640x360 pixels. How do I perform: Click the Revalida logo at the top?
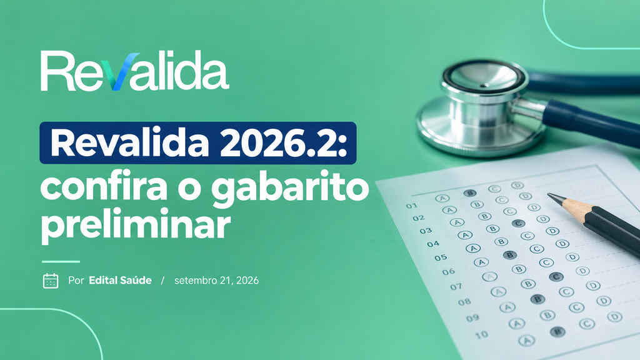(135, 71)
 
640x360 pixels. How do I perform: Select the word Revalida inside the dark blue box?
(130, 143)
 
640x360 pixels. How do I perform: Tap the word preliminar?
(136, 224)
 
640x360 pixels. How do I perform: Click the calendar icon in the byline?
(51, 281)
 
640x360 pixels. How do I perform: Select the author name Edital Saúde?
(120, 281)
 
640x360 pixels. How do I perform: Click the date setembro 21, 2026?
(216, 281)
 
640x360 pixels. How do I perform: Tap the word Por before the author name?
(76, 281)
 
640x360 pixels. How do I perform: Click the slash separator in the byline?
(162, 281)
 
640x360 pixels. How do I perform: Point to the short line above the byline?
(61, 262)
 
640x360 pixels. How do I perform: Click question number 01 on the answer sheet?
(411, 206)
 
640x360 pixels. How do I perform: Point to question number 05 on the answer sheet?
(441, 257)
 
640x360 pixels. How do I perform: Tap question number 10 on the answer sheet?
(482, 335)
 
